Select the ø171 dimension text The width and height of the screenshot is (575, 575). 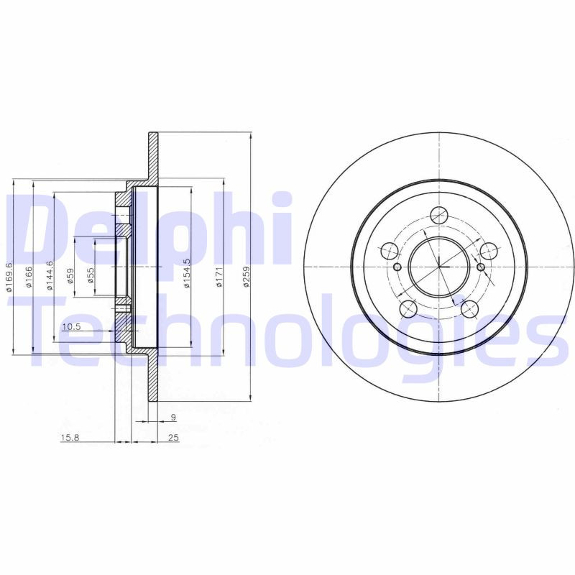click(218, 277)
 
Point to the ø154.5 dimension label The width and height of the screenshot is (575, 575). click(186, 274)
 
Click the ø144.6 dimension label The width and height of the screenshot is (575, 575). click(50, 276)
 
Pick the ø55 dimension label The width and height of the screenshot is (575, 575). click(91, 276)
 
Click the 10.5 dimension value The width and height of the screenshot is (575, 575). click(71, 327)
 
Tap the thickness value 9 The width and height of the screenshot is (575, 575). click(173, 417)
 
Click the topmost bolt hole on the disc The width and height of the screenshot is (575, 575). click(438, 215)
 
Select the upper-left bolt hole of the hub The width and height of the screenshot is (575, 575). click(388, 251)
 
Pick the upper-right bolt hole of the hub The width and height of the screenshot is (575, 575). click(489, 251)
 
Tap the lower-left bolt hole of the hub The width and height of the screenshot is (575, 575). click(408, 309)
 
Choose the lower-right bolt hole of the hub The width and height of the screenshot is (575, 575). click(470, 309)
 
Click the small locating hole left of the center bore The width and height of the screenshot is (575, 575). click(397, 267)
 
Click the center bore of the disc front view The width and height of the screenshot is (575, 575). click(438, 267)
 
